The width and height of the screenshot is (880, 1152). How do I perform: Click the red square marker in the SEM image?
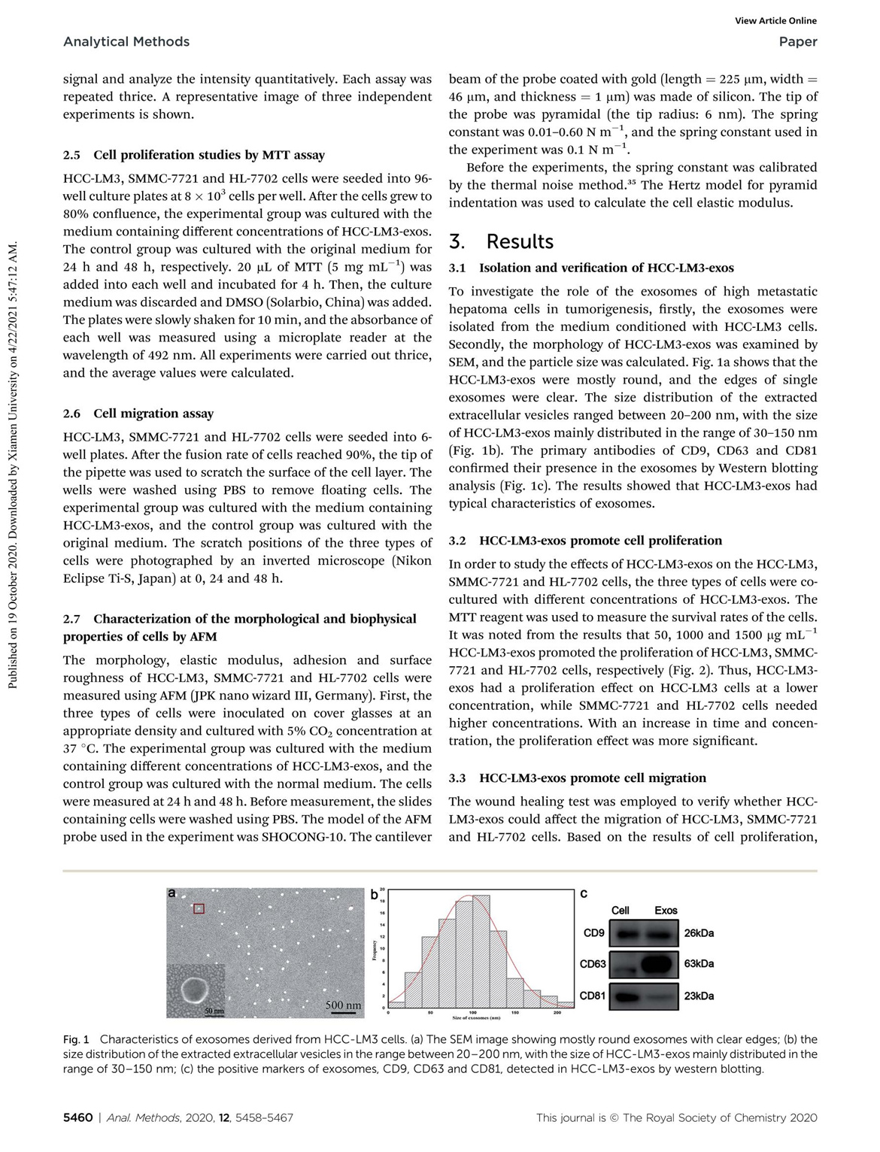pyautogui.click(x=199, y=908)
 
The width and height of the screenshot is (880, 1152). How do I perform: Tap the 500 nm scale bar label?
pyautogui.click(x=343, y=1005)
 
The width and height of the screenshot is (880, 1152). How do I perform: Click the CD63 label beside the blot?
pyautogui.click(x=593, y=964)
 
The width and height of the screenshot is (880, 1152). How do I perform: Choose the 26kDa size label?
pyautogui.click(x=699, y=933)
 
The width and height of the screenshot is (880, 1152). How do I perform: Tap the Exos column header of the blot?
pyautogui.click(x=666, y=911)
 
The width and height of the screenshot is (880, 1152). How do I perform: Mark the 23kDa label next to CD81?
pyautogui.click(x=699, y=996)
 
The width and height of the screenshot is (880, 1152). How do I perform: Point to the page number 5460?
pyautogui.click(x=77, y=1118)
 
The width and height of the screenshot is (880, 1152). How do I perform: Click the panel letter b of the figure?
pyautogui.click(x=375, y=895)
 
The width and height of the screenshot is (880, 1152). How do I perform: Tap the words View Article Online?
pyautogui.click(x=775, y=21)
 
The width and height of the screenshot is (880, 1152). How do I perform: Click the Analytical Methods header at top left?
pyautogui.click(x=126, y=42)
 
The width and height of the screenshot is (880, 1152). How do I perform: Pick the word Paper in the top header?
pyautogui.click(x=798, y=42)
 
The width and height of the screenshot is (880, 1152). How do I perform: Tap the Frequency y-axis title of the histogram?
pyautogui.click(x=374, y=950)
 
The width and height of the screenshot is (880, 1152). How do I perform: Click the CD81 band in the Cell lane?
pyautogui.click(x=624, y=997)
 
